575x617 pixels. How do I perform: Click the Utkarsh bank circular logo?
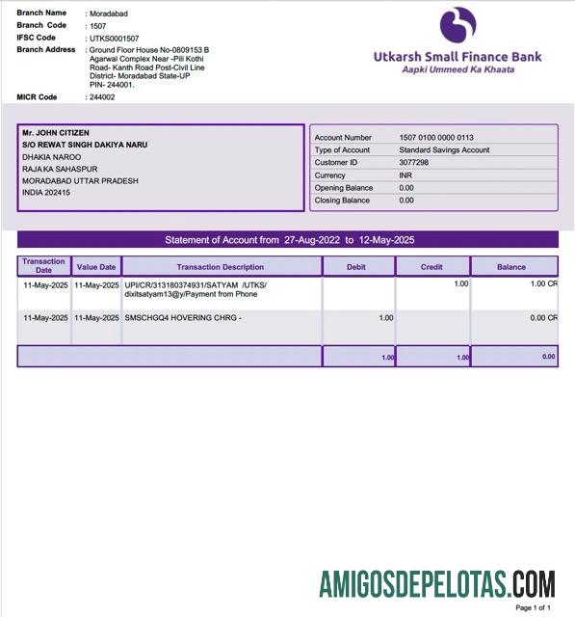457,25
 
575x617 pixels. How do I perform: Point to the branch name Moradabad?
107,13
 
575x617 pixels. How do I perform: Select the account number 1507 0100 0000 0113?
436,138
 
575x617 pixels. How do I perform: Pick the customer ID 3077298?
414,163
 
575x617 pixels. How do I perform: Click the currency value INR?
406,175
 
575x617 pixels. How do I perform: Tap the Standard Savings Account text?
444,150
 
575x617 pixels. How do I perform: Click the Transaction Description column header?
221,267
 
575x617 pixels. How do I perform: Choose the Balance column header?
511,267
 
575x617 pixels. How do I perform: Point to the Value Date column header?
96,267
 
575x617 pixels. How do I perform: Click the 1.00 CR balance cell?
543,284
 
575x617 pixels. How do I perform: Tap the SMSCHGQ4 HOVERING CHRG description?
183,317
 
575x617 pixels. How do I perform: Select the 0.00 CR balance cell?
543,317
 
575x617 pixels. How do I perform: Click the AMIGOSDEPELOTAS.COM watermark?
437,584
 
